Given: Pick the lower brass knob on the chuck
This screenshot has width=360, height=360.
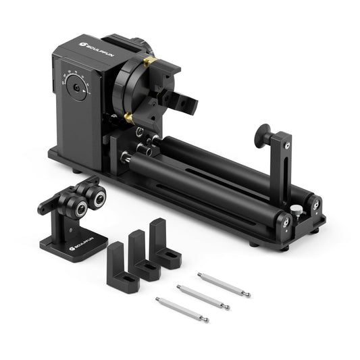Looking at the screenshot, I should pyautogui.click(x=128, y=118).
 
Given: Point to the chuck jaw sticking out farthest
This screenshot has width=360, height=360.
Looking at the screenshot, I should pyautogui.click(x=186, y=103).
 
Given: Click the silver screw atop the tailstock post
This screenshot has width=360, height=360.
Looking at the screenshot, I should pyautogui.click(x=288, y=144).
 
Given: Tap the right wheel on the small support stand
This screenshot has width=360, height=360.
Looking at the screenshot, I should pyautogui.click(x=97, y=198).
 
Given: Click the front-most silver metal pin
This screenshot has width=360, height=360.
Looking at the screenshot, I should pyautogui.click(x=182, y=309).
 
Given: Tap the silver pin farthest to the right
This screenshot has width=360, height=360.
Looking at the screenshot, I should pyautogui.click(x=224, y=284).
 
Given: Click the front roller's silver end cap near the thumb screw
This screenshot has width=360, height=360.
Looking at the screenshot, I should pyautogui.click(x=286, y=222).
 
